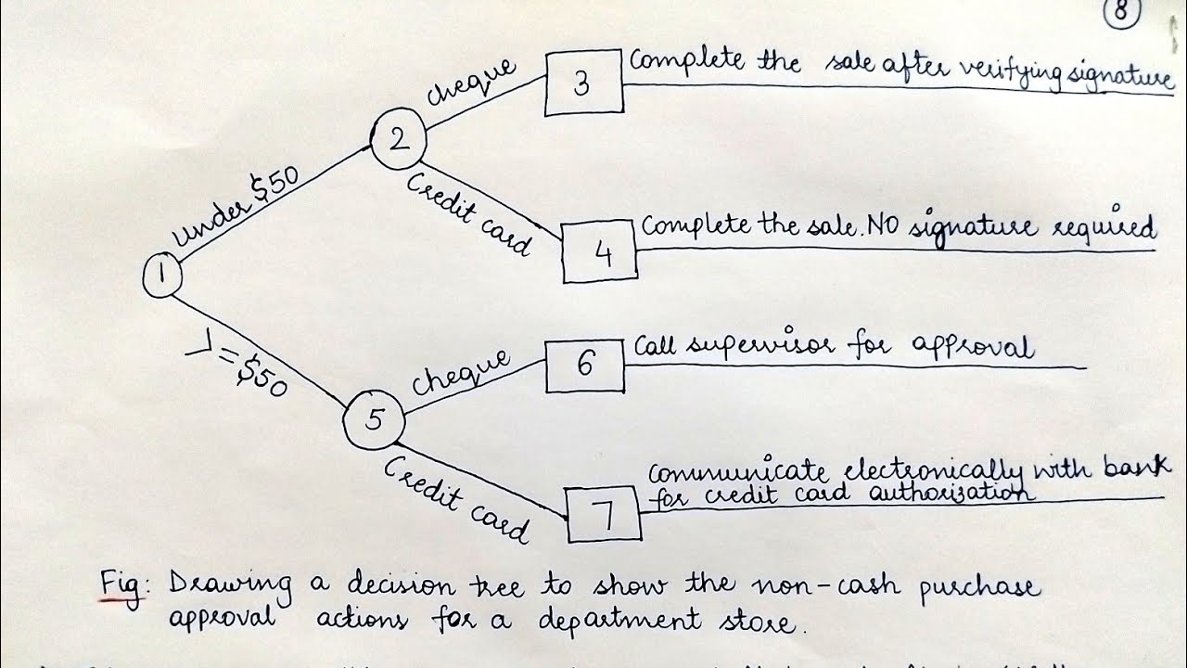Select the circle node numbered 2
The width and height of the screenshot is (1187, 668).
pos(398,141)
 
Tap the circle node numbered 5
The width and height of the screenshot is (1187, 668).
pos(374,420)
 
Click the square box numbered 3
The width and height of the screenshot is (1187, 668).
pos(582,83)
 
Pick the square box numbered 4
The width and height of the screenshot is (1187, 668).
pos(600,252)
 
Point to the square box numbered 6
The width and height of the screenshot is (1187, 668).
pos(584,366)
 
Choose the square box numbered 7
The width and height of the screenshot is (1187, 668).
pos(604,514)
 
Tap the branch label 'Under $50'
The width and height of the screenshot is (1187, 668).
pos(236,211)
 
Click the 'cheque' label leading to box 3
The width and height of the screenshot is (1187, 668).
pos(470,82)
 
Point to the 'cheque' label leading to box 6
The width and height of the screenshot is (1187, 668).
pos(461,371)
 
